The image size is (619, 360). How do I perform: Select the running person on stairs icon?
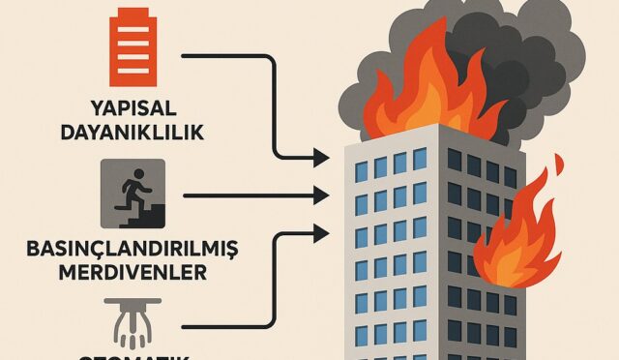[133, 193]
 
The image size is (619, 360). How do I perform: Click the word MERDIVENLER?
[132, 272]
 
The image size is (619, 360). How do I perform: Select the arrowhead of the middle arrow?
[322, 195]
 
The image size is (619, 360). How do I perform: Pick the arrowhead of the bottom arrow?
[322, 231]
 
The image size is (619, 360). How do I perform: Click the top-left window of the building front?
[360, 171]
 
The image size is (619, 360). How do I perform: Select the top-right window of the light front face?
[421, 158]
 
